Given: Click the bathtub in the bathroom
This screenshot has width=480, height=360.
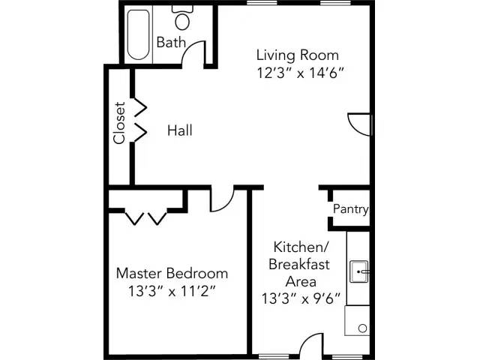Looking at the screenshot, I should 137,34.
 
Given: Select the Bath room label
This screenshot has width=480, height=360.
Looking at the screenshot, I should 170,43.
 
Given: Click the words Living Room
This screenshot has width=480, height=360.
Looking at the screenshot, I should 297,55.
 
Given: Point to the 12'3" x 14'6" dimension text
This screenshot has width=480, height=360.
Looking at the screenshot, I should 300,73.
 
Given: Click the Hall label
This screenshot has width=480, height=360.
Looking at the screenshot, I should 179,130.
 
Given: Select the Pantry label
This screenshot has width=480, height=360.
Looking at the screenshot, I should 350,209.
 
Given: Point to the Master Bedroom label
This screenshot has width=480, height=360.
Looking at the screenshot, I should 172,273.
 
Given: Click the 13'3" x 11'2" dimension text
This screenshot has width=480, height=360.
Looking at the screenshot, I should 172,291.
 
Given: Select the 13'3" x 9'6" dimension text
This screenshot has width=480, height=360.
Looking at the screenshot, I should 299,298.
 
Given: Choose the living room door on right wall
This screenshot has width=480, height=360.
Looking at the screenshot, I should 359,124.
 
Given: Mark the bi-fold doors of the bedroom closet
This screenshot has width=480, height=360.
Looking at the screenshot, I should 145,217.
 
